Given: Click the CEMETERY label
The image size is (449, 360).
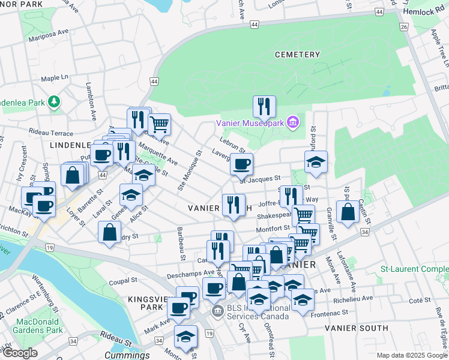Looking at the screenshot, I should point(297,55).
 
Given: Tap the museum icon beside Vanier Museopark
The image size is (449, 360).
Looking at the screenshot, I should point(293,123).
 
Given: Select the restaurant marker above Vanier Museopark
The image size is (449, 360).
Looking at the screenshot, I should point(264,107).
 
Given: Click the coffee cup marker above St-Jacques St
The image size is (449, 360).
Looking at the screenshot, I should point(241,164).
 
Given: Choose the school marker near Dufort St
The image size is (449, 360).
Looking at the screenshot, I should point(316,163).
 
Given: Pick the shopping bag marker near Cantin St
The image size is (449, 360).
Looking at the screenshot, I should point(348,212).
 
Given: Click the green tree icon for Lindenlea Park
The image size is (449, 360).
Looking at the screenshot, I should point(55,101).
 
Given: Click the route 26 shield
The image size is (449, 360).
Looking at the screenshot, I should point(404,27).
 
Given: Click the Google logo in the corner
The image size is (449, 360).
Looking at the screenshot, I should point(20,353).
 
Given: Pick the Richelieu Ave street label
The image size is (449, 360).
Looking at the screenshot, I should point(354,297).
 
